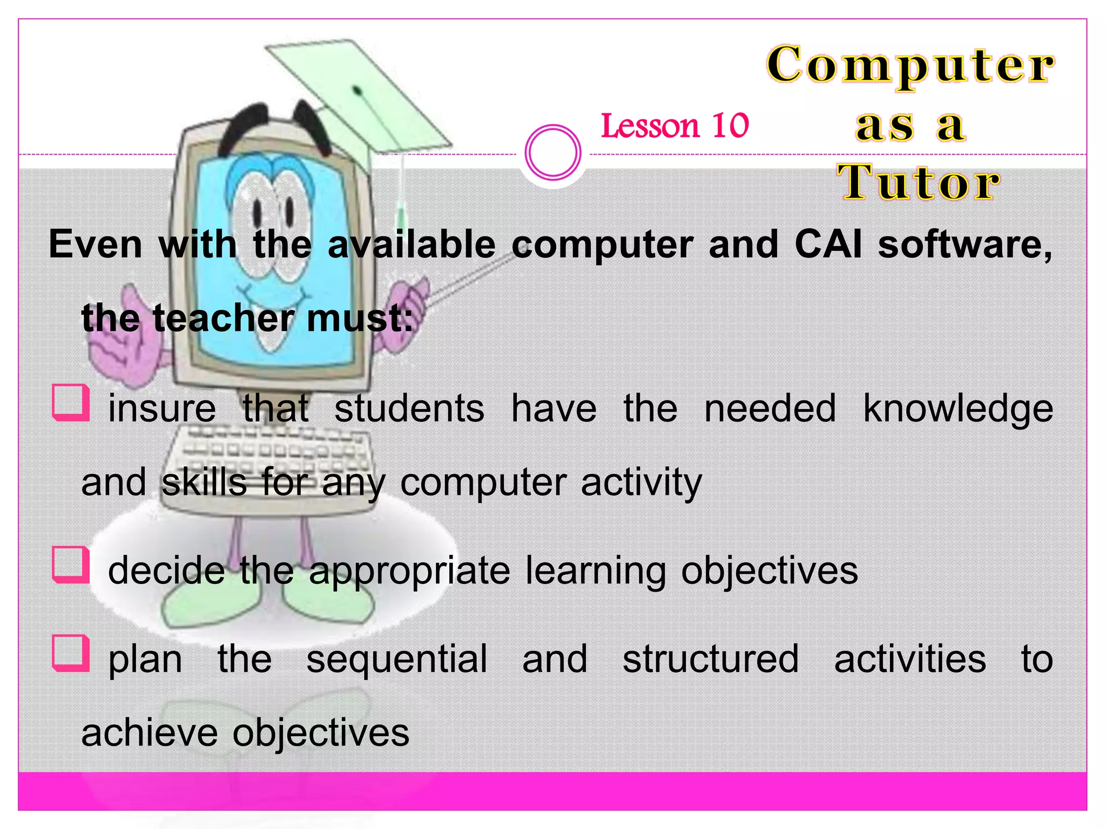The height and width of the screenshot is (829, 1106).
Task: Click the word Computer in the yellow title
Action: [911, 66]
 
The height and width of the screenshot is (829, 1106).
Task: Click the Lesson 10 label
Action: [675, 126]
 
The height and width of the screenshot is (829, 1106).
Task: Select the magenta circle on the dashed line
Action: [553, 152]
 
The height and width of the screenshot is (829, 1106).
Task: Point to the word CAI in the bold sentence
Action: [828, 245]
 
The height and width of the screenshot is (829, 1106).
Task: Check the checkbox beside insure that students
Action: [71, 403]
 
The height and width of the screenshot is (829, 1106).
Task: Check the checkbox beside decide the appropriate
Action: [71, 565]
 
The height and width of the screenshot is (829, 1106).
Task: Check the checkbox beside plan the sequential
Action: [71, 653]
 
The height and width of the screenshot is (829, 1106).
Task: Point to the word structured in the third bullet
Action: [711, 660]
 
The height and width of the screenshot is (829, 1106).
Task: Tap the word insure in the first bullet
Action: [162, 409]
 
